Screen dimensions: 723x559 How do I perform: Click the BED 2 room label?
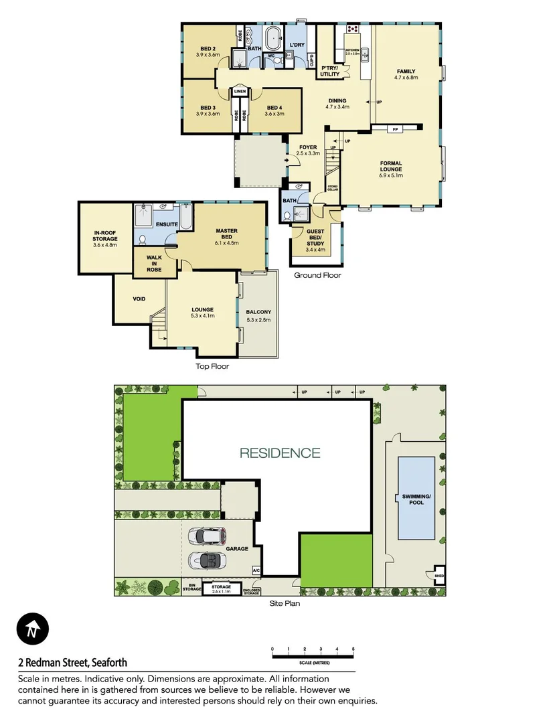pos(208,49)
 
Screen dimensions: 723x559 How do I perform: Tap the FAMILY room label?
pos(406,72)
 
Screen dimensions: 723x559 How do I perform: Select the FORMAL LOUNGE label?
pos(391,166)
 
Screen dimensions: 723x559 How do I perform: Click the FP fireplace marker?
pos(395,129)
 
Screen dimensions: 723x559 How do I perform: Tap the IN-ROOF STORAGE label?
pos(105,238)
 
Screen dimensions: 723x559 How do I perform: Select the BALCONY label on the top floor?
pos(258,313)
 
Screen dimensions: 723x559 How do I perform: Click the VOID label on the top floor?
pos(139,299)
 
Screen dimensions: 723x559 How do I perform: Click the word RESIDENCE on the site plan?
pos(280,453)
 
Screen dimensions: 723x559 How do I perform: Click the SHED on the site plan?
pos(439,574)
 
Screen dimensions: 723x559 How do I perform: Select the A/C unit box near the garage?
pos(256,570)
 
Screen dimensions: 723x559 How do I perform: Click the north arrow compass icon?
pos(31,630)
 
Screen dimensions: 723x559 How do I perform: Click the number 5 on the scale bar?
pos(353,649)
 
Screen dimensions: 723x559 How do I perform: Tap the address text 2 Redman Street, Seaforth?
pos(72,663)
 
